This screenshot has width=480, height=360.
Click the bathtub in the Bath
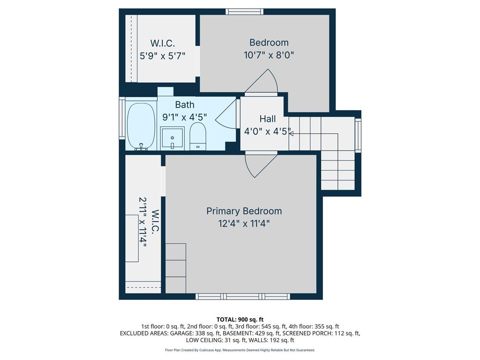coord(141,126)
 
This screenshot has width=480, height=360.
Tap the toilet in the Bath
coord(198,136)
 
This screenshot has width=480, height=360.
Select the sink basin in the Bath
coord(172,137)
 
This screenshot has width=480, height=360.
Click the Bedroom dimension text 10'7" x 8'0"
coord(269,55)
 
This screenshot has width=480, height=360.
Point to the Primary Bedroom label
coord(244,211)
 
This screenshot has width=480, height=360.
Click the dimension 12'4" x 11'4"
coord(244,224)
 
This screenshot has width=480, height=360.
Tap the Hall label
coord(267,119)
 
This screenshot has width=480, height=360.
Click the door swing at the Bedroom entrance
coord(263,83)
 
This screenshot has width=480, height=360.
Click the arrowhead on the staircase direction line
coord(291,134)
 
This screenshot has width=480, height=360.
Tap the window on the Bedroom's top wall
coord(244,12)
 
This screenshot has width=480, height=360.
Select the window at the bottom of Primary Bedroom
coord(242,296)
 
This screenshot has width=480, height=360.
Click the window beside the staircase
coord(358,135)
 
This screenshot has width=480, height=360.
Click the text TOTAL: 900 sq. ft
coord(240,320)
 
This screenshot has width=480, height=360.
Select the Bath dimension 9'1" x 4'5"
coord(185,117)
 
